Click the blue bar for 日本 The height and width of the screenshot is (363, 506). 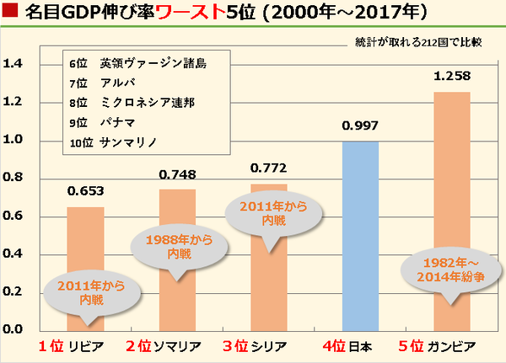point(361,236)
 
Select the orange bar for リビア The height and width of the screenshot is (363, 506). point(85,244)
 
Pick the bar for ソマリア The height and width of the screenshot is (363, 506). point(177,211)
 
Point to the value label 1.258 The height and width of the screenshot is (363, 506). point(451,77)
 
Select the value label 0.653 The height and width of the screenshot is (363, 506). point(85,192)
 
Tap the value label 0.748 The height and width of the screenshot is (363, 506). point(177,174)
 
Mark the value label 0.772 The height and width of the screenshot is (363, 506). point(269,169)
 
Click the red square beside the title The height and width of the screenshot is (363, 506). point(11,14)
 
